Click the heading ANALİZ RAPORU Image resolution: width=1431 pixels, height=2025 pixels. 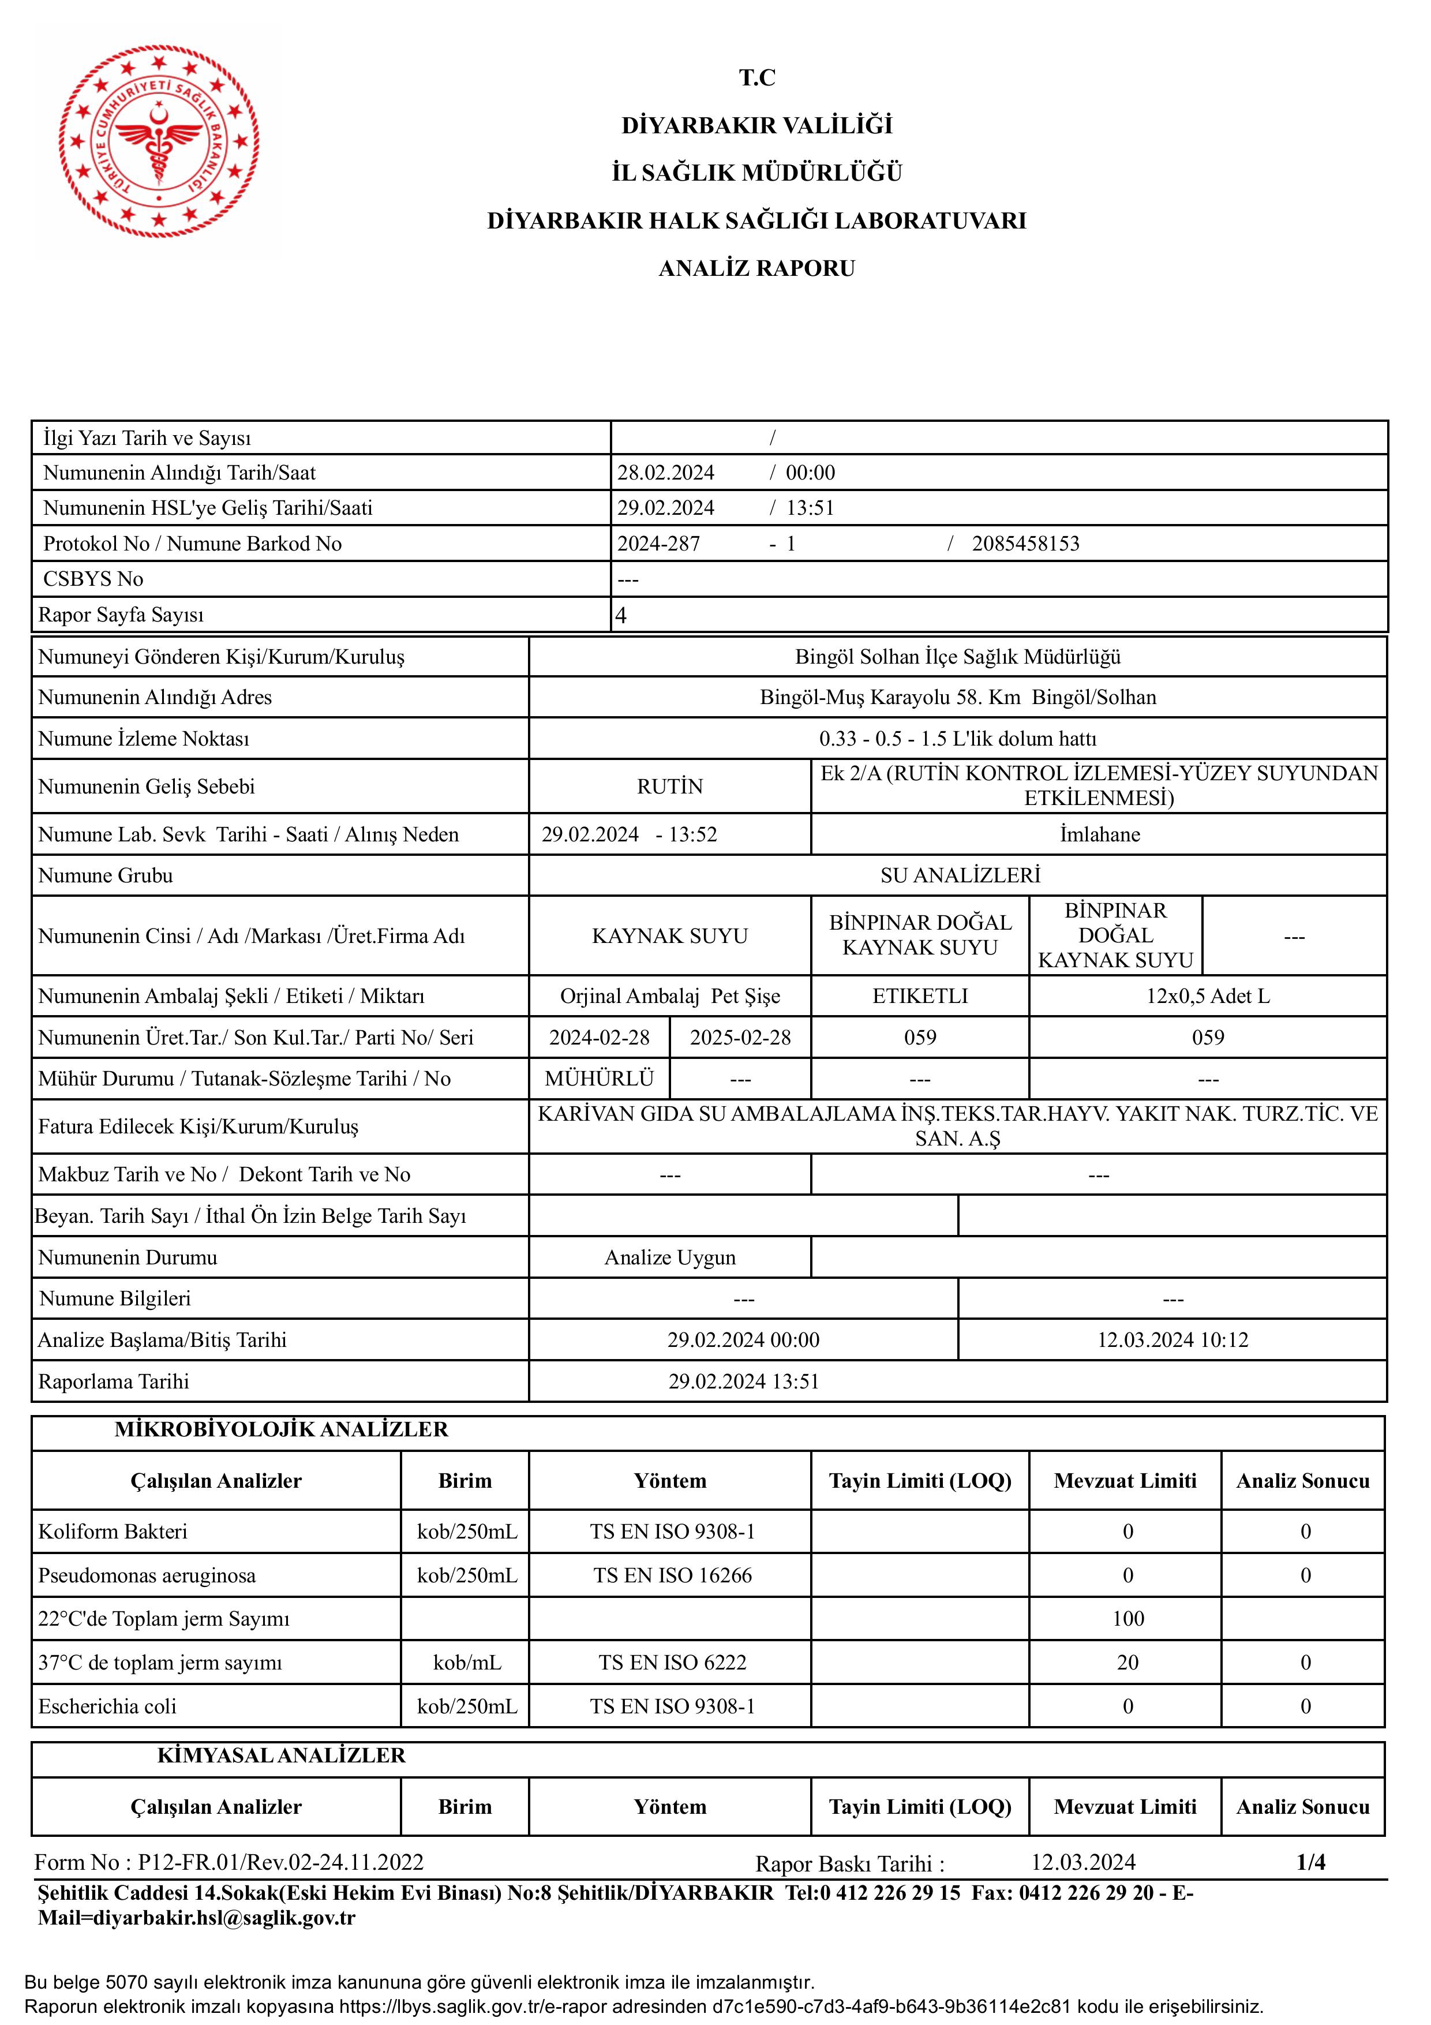click(756, 268)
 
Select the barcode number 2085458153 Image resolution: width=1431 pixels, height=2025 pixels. click(1025, 544)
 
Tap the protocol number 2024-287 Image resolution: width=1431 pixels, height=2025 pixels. click(658, 544)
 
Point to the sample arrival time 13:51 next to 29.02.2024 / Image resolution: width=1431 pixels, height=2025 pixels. click(810, 508)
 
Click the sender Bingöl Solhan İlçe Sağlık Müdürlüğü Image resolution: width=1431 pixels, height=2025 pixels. click(957, 657)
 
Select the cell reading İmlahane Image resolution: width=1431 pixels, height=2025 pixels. click(1099, 834)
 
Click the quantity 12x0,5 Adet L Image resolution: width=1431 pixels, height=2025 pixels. click(1208, 997)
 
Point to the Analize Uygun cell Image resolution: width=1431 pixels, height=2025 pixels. click(670, 1257)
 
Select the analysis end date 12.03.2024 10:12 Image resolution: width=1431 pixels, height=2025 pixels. click(1172, 1341)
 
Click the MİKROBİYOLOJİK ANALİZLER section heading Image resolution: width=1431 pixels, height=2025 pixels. click(281, 1429)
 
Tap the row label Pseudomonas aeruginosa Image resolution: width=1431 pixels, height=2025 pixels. click(147, 1576)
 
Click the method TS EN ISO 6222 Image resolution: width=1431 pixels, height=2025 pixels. click(672, 1663)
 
